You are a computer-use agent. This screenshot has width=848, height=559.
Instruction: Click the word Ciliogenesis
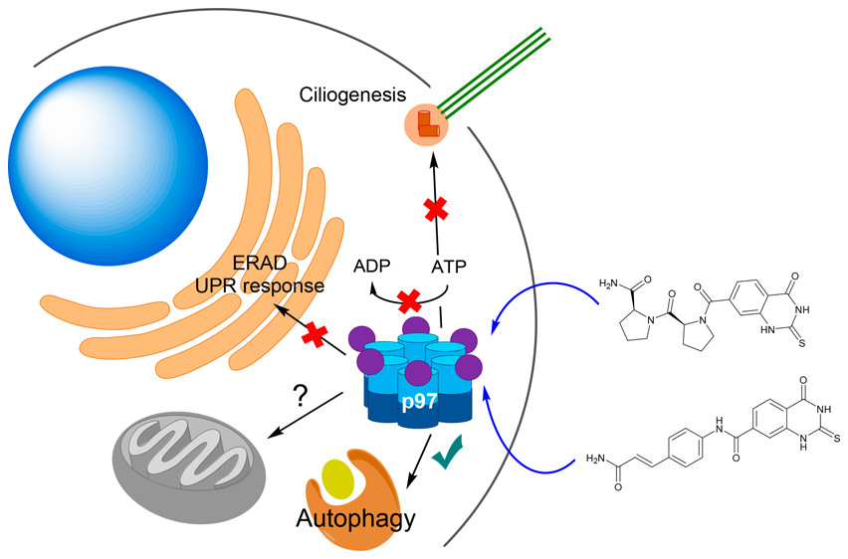pos(352,95)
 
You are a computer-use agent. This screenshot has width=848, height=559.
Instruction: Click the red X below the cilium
pos(434,210)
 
